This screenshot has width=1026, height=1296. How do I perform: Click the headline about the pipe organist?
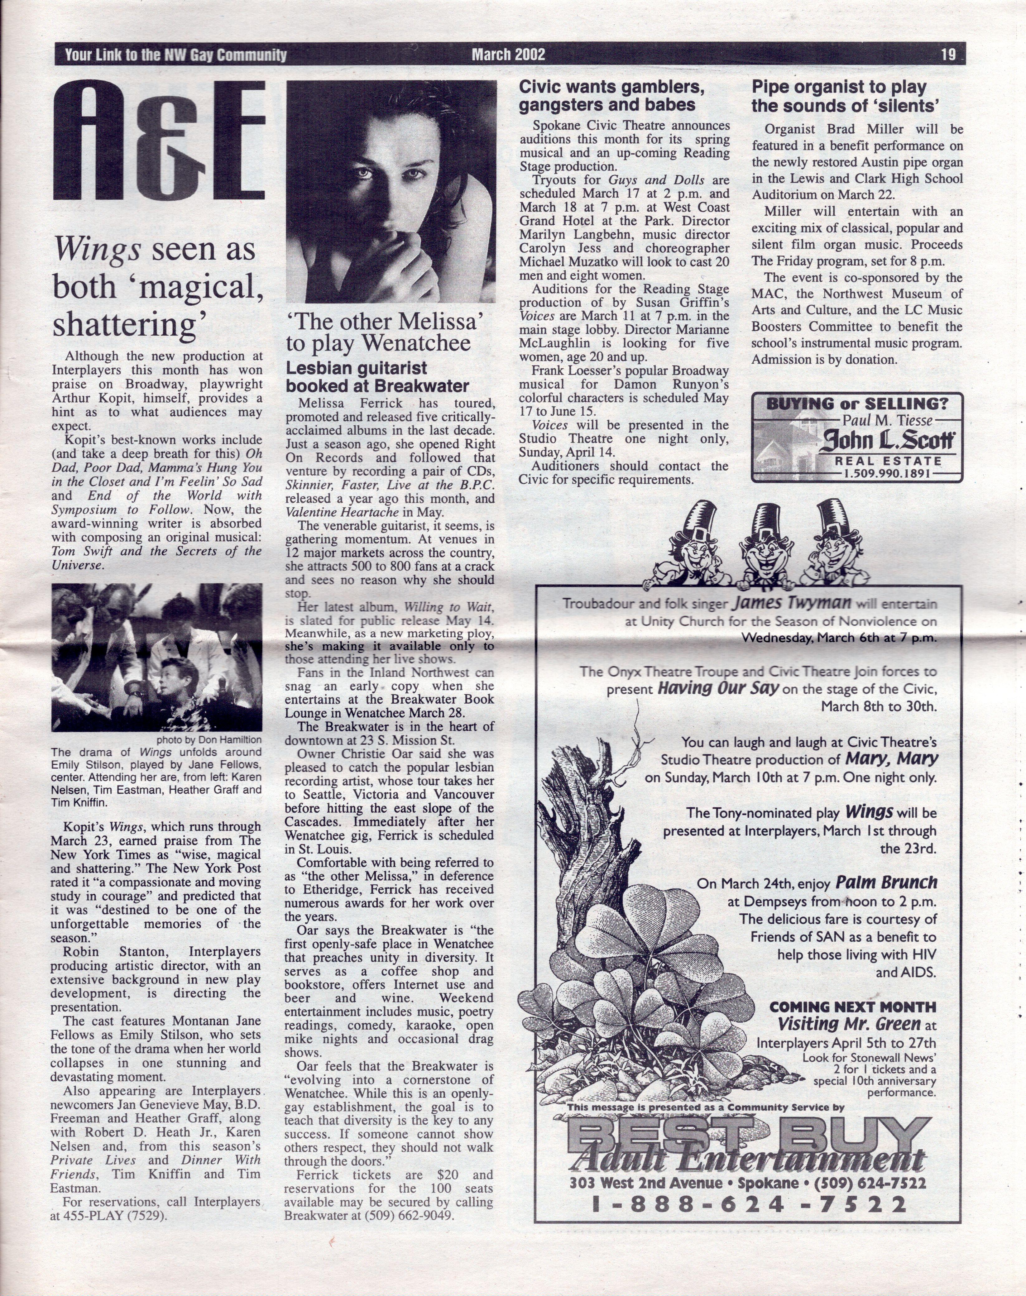click(845, 96)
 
